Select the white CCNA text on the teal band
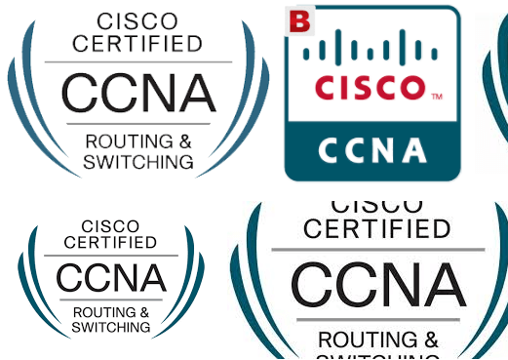tap(371, 150)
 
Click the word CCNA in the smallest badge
tap(110, 279)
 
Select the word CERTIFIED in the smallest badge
tap(110, 242)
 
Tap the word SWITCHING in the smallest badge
tap(110, 328)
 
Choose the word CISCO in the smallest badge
tap(110, 227)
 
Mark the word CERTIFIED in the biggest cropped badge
tap(377, 229)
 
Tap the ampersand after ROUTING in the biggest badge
tap(430, 340)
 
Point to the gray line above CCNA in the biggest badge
tap(377, 250)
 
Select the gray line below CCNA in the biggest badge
tap(377, 320)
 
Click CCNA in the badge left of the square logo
tap(137, 93)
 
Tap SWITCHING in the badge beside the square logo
tap(137, 162)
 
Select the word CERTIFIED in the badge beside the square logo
tap(137, 43)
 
